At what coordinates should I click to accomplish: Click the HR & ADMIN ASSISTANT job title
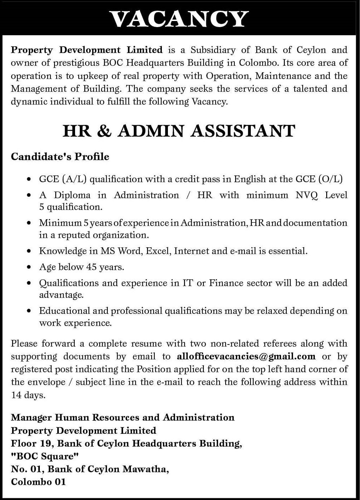pyautogui.click(x=179, y=131)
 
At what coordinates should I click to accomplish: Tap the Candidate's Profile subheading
pyautogui.click(x=60, y=157)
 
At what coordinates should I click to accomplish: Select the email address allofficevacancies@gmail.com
pyautogui.click(x=246, y=356)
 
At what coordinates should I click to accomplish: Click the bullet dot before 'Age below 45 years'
pyautogui.click(x=29, y=267)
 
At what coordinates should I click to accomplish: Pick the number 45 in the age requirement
pyautogui.click(x=91, y=267)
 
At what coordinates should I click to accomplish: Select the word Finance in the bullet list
pyautogui.click(x=226, y=283)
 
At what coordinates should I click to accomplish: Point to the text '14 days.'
pyautogui.click(x=28, y=395)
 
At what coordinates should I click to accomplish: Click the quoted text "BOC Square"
pyautogui.click(x=45, y=456)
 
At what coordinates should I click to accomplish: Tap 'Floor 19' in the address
pyautogui.click(x=31, y=443)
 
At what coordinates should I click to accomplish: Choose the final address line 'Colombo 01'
pyautogui.click(x=38, y=482)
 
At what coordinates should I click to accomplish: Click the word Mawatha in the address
pyautogui.click(x=145, y=469)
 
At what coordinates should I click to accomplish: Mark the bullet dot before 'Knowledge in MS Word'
pyautogui.click(x=29, y=251)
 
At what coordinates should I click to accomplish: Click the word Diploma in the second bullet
pyautogui.click(x=72, y=195)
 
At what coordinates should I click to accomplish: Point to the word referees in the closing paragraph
pyautogui.click(x=280, y=343)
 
